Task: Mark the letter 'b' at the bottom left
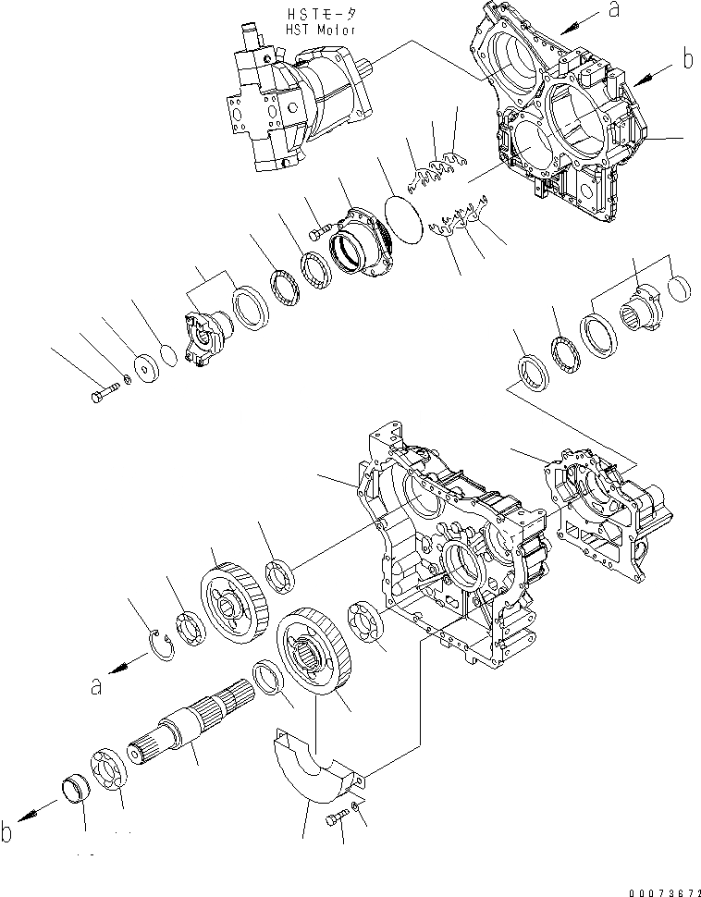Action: coord(8,833)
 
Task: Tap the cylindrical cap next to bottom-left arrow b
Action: coord(73,793)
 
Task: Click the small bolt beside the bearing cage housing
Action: coord(319,233)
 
